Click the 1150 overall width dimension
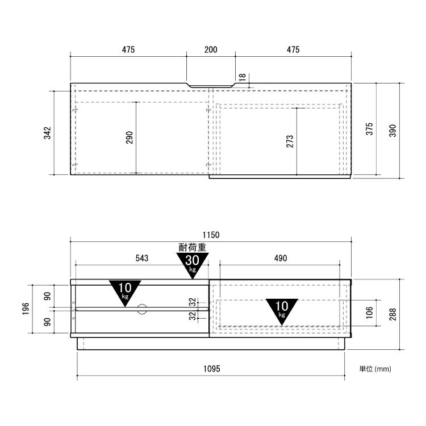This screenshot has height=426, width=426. click(211, 235)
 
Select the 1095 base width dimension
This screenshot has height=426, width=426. click(212, 369)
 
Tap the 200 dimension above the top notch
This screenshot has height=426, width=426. click(211, 49)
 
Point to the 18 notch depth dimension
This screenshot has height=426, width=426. click(243, 77)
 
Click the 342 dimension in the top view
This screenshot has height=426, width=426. click(47, 133)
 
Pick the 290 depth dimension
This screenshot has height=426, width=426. click(130, 137)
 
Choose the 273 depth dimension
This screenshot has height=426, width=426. click(290, 141)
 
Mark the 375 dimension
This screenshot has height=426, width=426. click(370, 129)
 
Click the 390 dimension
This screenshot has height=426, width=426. click(393, 131)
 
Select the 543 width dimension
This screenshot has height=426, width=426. click(142, 258)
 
